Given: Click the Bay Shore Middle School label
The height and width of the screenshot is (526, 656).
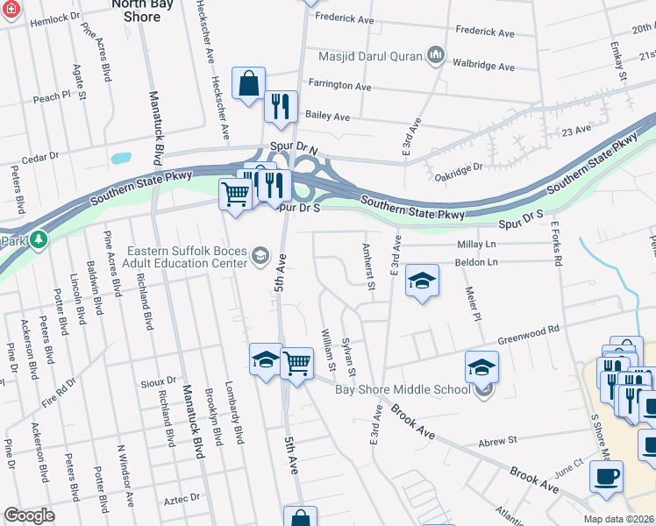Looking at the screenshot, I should [x=403, y=389].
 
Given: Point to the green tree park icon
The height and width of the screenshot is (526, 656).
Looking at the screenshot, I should [x=38, y=238].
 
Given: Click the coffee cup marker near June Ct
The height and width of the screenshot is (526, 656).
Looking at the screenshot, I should [x=606, y=476].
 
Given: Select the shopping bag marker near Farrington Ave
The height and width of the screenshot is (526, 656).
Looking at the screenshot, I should [x=249, y=83].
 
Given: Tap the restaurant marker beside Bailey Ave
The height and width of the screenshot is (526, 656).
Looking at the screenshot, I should [x=281, y=106].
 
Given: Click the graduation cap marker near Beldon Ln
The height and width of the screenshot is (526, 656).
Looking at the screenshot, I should [x=423, y=281].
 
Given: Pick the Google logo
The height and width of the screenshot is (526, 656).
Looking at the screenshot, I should [x=29, y=515].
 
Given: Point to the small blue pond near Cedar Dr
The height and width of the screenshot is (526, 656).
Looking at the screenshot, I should [x=120, y=160].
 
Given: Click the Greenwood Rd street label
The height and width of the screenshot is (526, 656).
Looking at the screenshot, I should [x=529, y=336].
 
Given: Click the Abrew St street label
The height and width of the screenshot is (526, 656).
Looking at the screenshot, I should [x=498, y=444].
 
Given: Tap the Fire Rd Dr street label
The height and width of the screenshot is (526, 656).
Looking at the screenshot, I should [x=61, y=394].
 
